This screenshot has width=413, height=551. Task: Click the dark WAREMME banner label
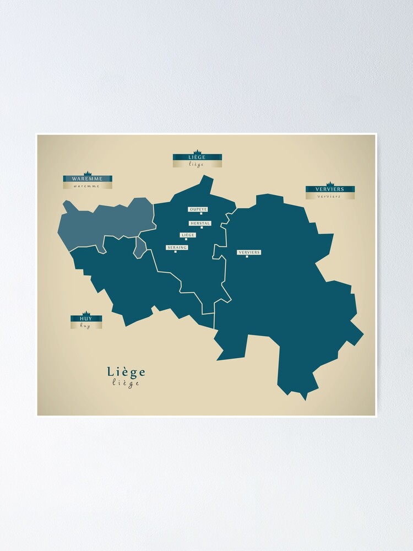tap(87, 179)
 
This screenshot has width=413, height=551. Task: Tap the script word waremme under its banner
tap(87, 186)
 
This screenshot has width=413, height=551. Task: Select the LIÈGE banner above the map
tap(197, 157)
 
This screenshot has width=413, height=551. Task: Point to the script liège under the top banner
tap(197, 164)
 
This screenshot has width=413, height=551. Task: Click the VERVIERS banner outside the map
tap(330, 189)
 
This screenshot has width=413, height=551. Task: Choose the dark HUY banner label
tap(86, 318)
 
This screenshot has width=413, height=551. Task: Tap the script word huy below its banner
tap(85, 326)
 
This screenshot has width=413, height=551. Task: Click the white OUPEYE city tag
tap(198, 209)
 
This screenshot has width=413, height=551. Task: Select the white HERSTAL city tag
tap(200, 223)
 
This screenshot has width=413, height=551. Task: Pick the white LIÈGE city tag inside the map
tap(188, 235)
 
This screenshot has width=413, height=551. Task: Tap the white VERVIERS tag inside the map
tap(249, 252)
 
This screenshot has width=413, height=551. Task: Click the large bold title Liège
tap(126, 372)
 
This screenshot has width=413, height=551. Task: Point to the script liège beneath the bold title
tap(126, 383)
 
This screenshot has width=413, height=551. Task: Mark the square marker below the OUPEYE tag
tap(201, 214)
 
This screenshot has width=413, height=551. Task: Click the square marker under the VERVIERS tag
tap(247, 256)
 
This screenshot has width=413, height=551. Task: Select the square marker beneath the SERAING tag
tap(175, 252)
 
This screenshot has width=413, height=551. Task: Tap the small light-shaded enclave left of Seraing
tap(140, 247)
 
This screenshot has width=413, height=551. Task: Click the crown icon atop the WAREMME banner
tap(87, 174)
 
